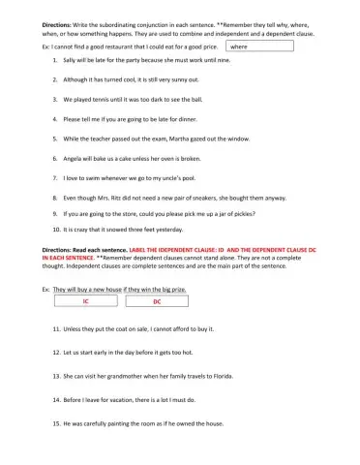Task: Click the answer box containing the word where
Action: pyautogui.click(x=259, y=46)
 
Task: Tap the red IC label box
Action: pyautogui.click(x=84, y=301)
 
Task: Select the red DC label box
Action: pyautogui.click(x=156, y=301)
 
